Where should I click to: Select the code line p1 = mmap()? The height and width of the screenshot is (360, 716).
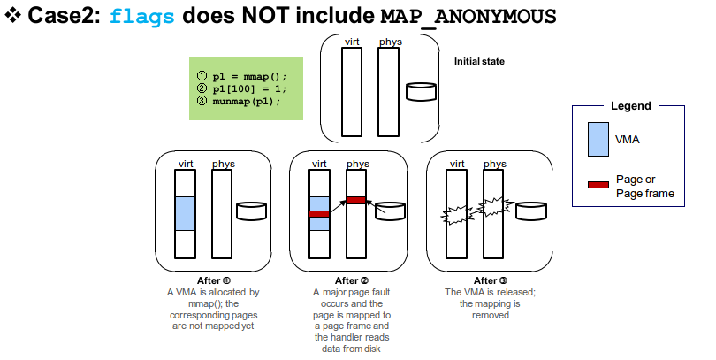pyautogui.click(x=245, y=76)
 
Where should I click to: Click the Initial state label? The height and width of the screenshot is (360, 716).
pyautogui.click(x=479, y=61)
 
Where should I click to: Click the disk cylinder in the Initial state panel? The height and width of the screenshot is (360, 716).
pyautogui.click(x=421, y=92)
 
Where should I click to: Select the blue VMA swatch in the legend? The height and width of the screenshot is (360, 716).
pyautogui.click(x=598, y=140)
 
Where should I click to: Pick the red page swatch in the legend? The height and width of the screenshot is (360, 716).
pyautogui.click(x=598, y=184)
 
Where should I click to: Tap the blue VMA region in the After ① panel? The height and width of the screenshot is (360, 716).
pyautogui.click(x=185, y=213)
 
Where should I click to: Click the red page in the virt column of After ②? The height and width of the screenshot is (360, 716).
pyautogui.click(x=318, y=214)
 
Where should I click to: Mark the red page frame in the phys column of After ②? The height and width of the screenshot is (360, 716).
pyautogui.click(x=356, y=200)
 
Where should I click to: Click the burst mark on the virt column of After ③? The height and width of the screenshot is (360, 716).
pyautogui.click(x=455, y=214)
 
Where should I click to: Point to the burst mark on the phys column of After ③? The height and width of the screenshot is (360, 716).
pyautogui.click(x=493, y=209)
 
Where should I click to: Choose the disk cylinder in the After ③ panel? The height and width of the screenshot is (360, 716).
pyautogui.click(x=531, y=211)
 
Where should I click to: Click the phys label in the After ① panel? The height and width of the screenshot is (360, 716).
pyautogui.click(x=224, y=164)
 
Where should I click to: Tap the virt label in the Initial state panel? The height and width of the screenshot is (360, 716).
pyautogui.click(x=352, y=42)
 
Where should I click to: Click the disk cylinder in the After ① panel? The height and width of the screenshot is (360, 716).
pyautogui.click(x=251, y=211)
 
